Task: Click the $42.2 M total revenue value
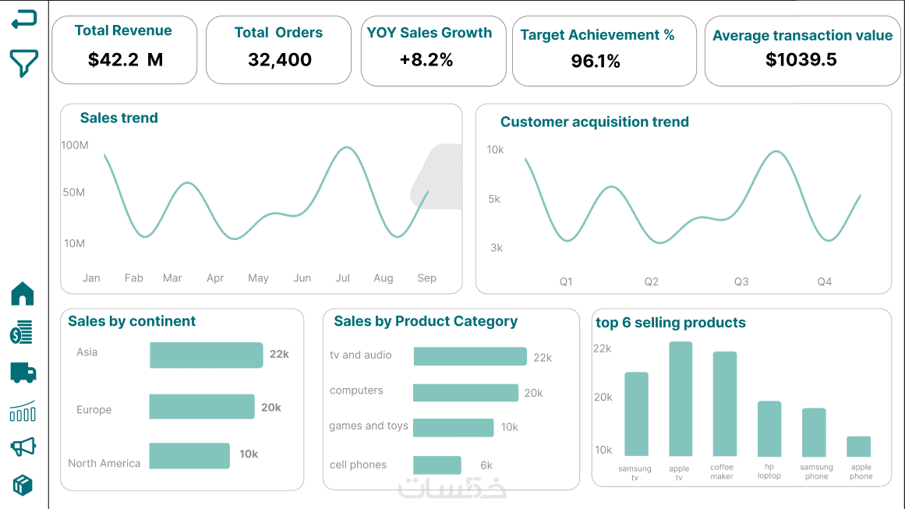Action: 125,59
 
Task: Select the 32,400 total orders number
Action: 279,60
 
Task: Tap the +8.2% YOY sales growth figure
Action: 426,60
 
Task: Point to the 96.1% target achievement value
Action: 596,62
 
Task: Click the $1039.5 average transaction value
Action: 801,60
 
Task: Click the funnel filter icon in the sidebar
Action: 23,63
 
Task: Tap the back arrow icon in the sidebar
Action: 23,19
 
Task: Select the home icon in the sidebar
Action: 23,294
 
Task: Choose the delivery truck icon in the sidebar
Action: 23,373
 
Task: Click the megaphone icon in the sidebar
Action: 23,447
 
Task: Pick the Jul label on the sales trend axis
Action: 342,278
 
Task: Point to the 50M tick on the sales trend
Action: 74,193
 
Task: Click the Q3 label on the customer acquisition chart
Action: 741,281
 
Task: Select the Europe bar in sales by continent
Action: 202,407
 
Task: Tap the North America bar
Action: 189,456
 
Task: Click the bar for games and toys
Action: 453,428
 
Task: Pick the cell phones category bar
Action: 437,465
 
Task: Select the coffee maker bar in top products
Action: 724,404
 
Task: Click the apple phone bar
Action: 858,447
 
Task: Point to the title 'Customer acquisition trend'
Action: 594,122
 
